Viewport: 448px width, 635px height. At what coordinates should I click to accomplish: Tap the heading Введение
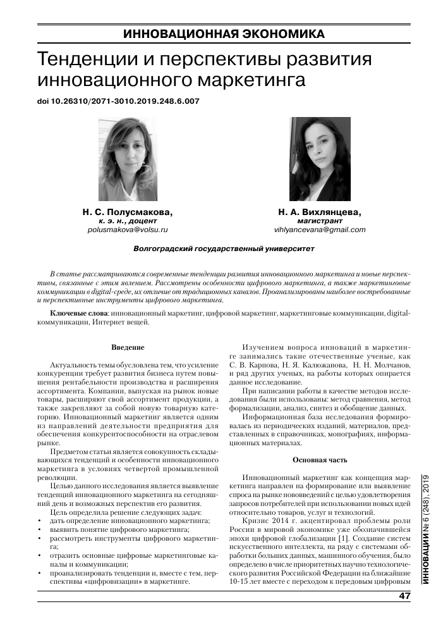(x=128, y=347)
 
